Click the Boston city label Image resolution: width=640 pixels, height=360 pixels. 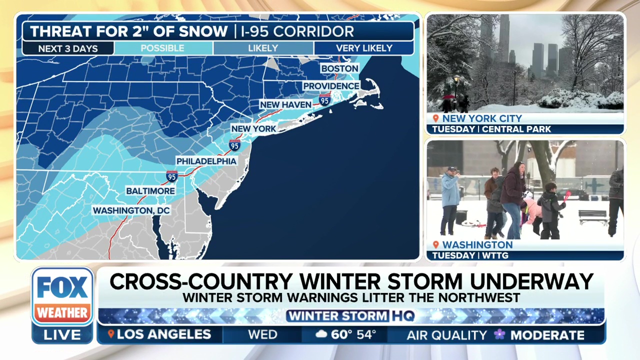click(339, 68)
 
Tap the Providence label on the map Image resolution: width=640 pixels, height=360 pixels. click(331, 86)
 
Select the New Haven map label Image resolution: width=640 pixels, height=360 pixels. click(285, 104)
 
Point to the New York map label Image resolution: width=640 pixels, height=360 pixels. click(253, 128)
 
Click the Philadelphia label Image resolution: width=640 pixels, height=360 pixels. click(206, 161)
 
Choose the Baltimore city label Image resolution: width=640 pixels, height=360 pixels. click(150, 191)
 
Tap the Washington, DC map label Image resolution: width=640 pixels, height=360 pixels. click(131, 211)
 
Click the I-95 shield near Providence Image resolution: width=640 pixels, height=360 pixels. click(324, 100)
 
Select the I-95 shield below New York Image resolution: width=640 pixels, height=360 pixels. click(234, 145)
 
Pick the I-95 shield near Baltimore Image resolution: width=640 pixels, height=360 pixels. click(171, 176)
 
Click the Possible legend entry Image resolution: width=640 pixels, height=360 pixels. click(162, 48)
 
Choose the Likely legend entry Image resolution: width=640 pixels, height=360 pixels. click(263, 48)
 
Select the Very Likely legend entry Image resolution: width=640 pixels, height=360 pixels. click(364, 48)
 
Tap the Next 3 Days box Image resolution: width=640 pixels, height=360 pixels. click(68, 49)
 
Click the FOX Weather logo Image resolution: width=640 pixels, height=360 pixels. click(62, 296)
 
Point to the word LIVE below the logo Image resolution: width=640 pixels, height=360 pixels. click(62, 335)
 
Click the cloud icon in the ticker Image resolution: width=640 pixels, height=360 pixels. click(321, 334)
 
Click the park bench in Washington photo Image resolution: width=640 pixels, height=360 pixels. click(593, 216)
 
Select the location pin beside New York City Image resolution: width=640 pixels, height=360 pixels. click(435, 118)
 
